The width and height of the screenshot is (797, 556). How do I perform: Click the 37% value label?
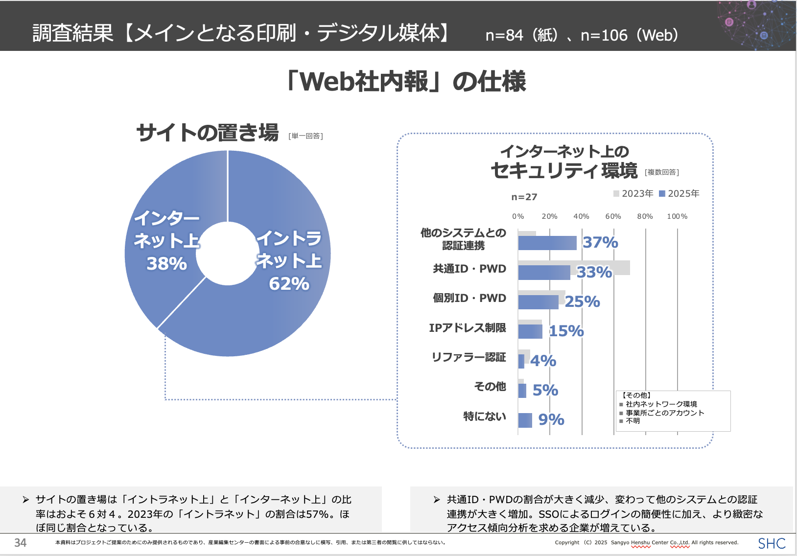(x=600, y=242)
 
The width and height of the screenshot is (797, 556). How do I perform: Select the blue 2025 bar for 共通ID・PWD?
(x=544, y=273)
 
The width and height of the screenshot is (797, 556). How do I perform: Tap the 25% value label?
(x=582, y=301)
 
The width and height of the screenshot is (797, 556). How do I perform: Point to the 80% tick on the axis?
(x=645, y=216)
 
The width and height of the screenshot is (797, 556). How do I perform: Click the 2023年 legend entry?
(x=633, y=193)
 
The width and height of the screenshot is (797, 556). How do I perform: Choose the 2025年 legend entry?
(x=680, y=193)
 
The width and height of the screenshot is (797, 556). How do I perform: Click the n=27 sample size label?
(x=524, y=197)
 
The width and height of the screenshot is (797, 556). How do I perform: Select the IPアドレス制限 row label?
(x=467, y=328)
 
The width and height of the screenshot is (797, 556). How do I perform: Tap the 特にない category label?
(x=484, y=417)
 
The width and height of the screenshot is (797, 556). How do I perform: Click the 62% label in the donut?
(x=289, y=284)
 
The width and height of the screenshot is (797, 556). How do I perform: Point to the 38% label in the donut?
(x=166, y=264)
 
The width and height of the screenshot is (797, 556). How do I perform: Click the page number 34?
(x=20, y=543)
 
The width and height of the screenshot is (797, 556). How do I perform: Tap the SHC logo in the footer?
(x=772, y=543)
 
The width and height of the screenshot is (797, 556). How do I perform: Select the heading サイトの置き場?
(x=207, y=133)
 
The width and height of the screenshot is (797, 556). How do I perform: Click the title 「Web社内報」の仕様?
(x=406, y=82)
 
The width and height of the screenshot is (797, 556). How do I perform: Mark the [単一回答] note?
(x=305, y=136)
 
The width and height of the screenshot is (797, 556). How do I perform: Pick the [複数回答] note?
(x=662, y=172)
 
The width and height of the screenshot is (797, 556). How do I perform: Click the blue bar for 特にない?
(x=525, y=420)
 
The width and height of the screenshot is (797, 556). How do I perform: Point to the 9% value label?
(x=551, y=419)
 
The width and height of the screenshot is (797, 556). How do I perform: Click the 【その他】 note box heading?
(x=636, y=395)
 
